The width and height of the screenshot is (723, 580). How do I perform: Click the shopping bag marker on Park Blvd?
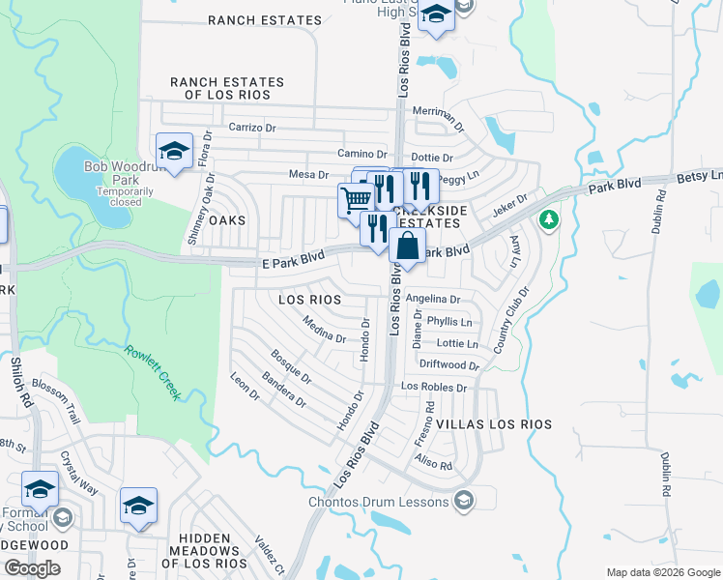(408, 246)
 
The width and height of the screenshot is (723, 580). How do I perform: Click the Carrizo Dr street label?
(252, 127)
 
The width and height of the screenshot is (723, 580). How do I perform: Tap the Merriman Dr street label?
(439, 113)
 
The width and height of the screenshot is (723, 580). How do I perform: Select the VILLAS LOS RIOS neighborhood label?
(494, 424)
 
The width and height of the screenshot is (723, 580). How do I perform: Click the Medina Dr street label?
(324, 330)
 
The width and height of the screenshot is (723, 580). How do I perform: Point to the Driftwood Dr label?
(449, 365)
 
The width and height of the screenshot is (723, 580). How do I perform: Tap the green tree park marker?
(549, 219)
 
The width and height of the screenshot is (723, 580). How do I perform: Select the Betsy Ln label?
(703, 175)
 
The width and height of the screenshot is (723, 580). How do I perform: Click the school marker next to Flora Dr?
(174, 151)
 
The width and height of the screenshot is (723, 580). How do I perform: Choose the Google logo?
(32, 568)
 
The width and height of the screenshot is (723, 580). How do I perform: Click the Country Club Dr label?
(512, 319)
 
